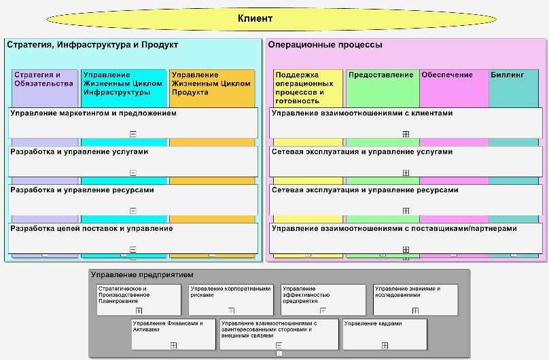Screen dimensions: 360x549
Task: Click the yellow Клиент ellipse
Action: [x=255, y=18]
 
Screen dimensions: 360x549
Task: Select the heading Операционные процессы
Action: [x=325, y=45]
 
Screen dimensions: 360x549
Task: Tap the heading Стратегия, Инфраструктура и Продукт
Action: [x=92, y=45]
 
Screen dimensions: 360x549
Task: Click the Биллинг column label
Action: [x=507, y=75]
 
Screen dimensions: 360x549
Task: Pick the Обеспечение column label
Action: [x=446, y=75]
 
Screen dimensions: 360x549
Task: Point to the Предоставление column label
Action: [x=380, y=75]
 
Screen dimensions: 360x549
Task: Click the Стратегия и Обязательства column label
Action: [x=43, y=79]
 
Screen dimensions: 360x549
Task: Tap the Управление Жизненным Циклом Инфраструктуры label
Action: [x=122, y=83]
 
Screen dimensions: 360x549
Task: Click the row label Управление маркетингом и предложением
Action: [x=93, y=113]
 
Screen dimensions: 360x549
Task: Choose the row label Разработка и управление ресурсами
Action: [x=82, y=190]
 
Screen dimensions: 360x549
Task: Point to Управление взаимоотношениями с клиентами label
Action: [x=361, y=113]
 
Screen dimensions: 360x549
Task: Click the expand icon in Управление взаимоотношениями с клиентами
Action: [x=406, y=134]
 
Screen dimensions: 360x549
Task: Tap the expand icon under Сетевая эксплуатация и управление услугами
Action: [x=406, y=173]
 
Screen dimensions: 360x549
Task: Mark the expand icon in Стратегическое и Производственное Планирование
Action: [x=139, y=310]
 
